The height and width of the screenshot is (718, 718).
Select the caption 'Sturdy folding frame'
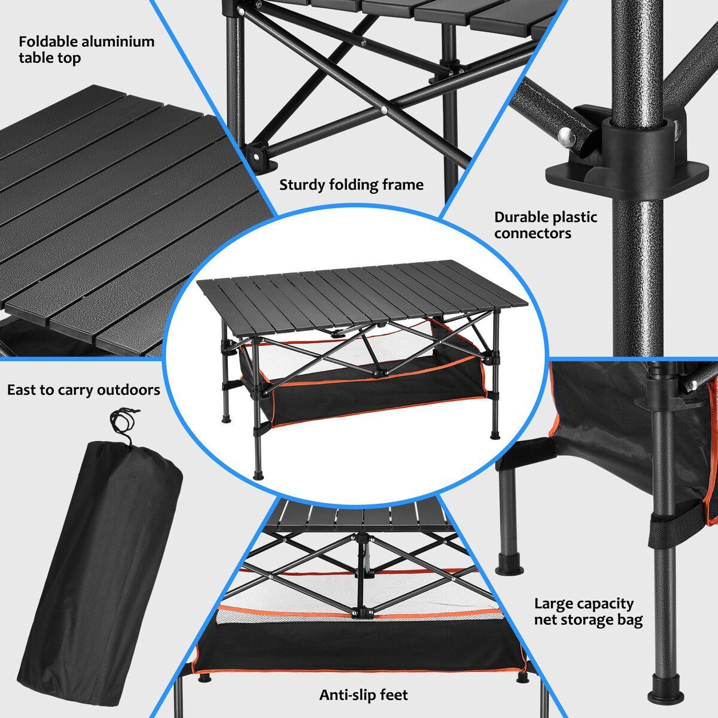(351, 185)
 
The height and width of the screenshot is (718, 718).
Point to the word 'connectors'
(533, 233)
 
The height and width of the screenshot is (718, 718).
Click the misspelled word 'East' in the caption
(22, 390)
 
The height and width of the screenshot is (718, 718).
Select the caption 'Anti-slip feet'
(363, 695)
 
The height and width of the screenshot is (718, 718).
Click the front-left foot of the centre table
(258, 476)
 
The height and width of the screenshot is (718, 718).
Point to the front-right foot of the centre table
(495, 434)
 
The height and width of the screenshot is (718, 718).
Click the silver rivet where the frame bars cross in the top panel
(384, 110)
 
